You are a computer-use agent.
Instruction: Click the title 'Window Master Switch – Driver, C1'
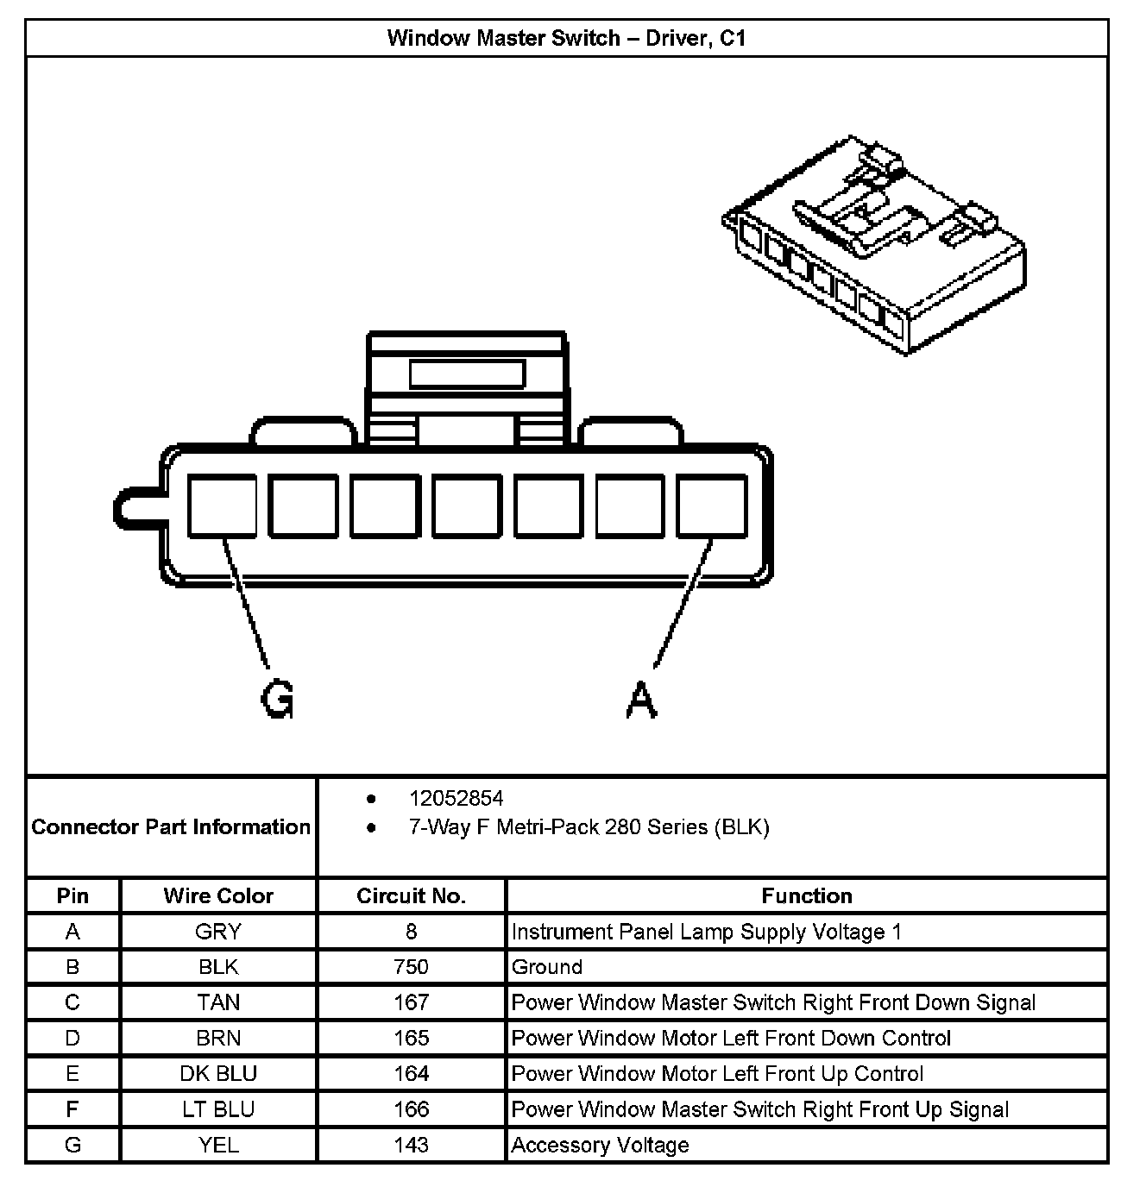566,39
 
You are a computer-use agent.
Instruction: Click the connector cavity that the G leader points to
222,506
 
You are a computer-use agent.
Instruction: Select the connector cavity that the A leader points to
711,506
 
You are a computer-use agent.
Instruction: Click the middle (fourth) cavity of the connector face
466,506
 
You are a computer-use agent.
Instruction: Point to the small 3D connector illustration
873,244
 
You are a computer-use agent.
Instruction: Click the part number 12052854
456,799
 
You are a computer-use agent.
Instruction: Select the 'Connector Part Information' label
171,827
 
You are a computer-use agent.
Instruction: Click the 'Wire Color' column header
218,896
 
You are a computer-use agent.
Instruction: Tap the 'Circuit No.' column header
411,896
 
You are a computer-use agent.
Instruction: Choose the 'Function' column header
806,896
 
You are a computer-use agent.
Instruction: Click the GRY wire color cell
218,932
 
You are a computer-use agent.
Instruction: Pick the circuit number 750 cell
411,967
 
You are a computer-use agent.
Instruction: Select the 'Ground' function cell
547,967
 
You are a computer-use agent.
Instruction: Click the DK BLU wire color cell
218,1074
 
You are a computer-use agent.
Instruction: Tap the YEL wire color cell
218,1145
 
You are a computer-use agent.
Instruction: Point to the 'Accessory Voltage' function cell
600,1145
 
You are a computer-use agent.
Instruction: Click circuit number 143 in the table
411,1145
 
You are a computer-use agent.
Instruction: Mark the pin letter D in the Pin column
72,1038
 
